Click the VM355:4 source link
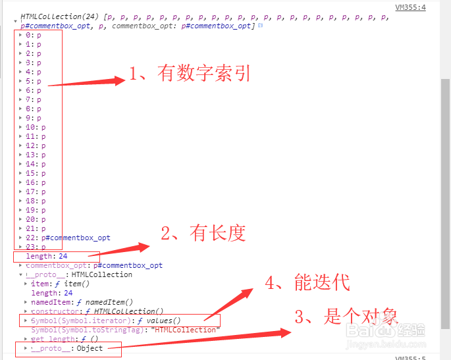point(410,7)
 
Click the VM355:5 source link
point(410,357)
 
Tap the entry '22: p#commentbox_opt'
point(68,238)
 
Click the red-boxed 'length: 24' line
point(47,256)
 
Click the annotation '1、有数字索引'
point(190,74)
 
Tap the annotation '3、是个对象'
point(346,317)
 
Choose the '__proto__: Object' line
point(65,348)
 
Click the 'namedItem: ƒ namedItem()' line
point(82,302)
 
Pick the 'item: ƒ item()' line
point(61,284)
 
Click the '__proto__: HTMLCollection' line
point(79,274)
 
